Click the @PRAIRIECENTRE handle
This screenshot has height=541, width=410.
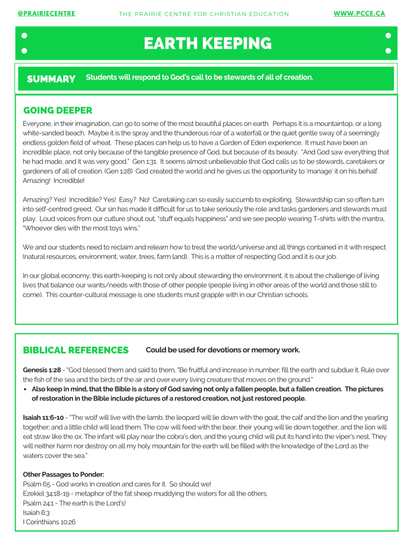tap(46, 14)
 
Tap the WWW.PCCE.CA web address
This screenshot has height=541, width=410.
tap(359, 14)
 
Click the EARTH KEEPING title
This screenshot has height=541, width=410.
tap(208, 44)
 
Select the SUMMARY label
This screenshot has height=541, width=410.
tap(51, 79)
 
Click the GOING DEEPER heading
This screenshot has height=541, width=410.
tap(58, 111)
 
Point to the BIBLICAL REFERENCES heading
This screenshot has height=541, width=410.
tap(76, 350)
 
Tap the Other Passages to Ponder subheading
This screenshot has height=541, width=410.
tap(64, 475)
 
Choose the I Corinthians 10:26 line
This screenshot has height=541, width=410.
tap(49, 522)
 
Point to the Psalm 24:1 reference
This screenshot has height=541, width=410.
tap(38, 503)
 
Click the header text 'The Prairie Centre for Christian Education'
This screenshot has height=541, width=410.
tap(204, 14)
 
